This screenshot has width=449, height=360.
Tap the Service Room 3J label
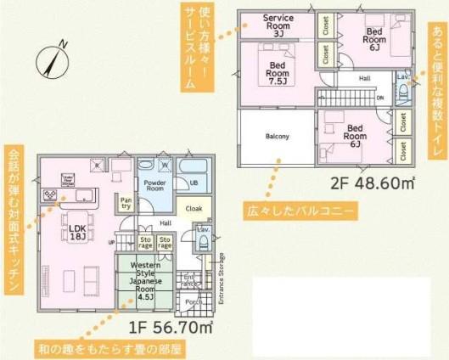pyautogui.click(x=278, y=25)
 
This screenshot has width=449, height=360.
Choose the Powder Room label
pyautogui.click(x=154, y=187)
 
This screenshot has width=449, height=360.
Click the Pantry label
pyautogui.click(x=125, y=202)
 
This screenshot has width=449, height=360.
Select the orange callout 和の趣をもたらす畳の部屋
pyautogui.click(x=110, y=348)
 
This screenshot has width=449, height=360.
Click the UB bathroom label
pyautogui.click(x=194, y=183)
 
